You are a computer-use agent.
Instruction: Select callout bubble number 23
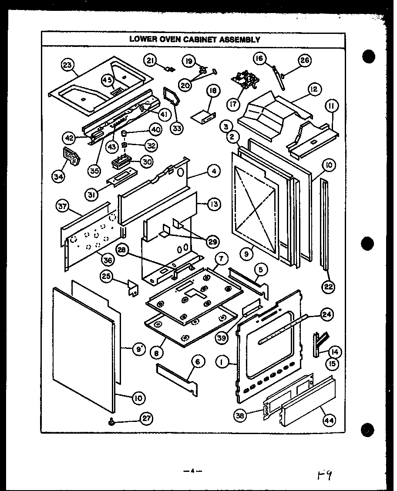[x=67, y=66]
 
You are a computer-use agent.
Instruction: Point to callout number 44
[x=330, y=420]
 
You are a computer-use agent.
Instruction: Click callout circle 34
[x=58, y=176]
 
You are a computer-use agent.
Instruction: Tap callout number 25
[x=105, y=275]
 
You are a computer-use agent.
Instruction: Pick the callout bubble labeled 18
[x=213, y=91]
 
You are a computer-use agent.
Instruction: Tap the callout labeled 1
[x=222, y=361]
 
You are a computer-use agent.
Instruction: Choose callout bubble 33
[x=177, y=128]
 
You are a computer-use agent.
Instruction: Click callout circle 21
[x=151, y=61]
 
